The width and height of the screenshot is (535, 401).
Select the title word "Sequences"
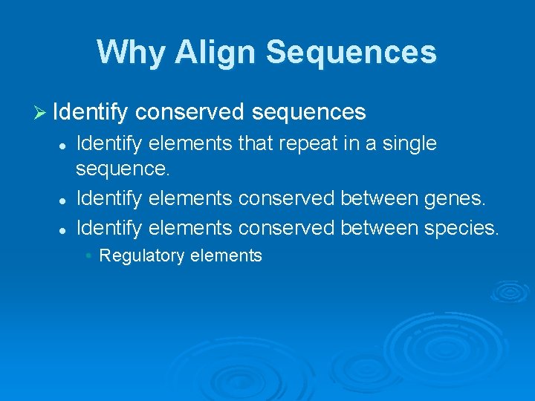(x=351, y=52)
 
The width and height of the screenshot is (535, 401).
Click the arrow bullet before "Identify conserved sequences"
(x=42, y=112)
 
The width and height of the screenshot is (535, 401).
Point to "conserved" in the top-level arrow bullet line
(x=190, y=112)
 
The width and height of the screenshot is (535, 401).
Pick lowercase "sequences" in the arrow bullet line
(x=308, y=112)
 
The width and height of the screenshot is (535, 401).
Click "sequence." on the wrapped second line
(x=123, y=169)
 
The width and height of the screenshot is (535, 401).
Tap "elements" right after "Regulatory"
(x=226, y=256)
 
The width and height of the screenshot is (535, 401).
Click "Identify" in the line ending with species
(x=110, y=227)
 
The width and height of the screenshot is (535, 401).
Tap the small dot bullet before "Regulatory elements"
(x=88, y=256)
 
